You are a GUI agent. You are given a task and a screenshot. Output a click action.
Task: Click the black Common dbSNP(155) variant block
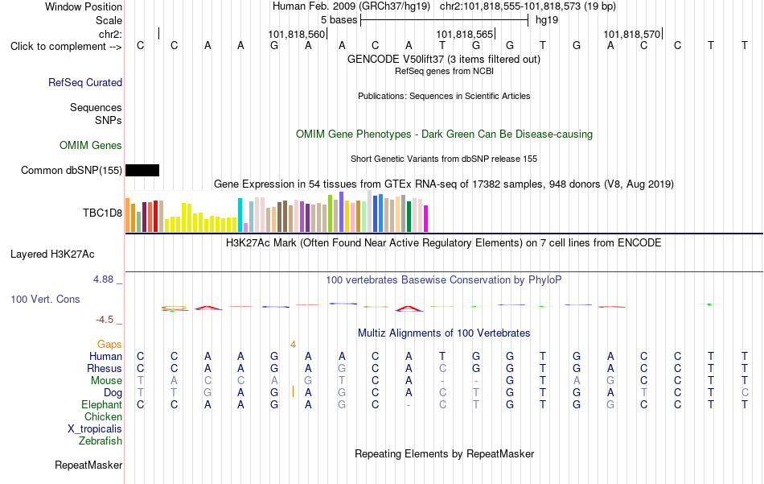pos(142,170)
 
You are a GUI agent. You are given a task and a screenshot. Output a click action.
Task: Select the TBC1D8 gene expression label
pos(102,213)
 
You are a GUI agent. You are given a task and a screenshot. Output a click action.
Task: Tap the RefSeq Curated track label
pos(85,82)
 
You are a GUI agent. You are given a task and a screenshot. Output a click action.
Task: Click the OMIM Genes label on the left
pos(91,146)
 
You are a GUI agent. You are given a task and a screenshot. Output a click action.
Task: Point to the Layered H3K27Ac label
pos(52,254)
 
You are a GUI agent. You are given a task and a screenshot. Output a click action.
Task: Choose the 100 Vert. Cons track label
pos(45,299)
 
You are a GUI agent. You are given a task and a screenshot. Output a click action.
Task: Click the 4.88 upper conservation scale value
pos(103,279)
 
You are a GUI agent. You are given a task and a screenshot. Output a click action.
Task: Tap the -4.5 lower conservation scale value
pos(105,320)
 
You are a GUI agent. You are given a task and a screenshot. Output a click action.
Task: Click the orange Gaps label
pos(109,345)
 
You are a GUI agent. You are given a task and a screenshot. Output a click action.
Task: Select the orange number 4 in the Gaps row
pos(293,345)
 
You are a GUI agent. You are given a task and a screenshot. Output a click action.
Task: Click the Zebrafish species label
pos(101,441)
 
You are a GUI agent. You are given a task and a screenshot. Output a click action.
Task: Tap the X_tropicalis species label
pos(95,429)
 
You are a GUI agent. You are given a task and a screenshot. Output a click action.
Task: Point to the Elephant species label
pos(102,405)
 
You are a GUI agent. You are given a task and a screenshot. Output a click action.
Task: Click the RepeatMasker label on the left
pos(88,465)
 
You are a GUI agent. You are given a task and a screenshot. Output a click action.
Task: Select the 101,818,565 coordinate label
pos(465,34)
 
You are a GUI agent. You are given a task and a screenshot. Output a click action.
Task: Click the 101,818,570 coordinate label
pos(632,34)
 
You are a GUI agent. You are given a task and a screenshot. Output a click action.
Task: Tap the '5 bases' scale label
pos(339,20)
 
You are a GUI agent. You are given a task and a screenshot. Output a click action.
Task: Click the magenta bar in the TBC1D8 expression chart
pos(426,218)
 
